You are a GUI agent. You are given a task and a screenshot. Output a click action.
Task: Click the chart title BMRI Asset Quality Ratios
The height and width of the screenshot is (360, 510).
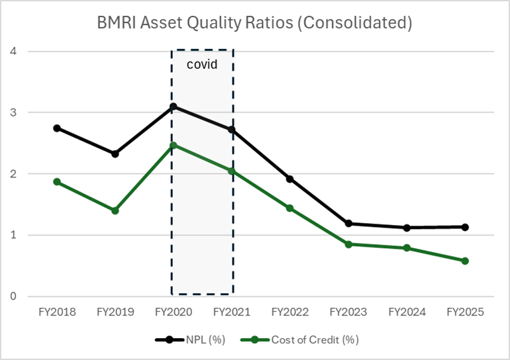[x=255, y=22]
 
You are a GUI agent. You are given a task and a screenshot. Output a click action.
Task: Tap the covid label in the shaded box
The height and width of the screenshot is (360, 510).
[x=201, y=65]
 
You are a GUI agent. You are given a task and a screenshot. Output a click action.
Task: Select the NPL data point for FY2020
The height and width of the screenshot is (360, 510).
[x=173, y=107]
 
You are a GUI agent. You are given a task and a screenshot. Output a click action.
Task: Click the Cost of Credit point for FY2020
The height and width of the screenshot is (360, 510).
[x=173, y=145]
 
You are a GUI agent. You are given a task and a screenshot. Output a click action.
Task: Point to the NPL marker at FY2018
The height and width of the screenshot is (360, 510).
[x=57, y=128]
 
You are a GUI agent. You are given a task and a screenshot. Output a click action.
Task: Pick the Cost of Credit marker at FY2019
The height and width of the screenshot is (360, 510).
[x=115, y=210]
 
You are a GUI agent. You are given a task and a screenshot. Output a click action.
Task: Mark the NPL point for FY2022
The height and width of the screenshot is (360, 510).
[x=289, y=179]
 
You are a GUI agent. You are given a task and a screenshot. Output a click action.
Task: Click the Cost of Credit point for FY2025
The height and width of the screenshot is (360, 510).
[x=465, y=261]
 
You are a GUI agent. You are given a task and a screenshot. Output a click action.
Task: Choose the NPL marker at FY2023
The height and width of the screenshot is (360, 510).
[x=348, y=224]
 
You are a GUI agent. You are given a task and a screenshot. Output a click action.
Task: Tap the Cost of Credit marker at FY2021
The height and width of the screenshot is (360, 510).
[x=231, y=171]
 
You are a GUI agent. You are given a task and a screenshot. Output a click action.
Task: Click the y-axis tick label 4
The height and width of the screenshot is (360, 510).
[x=13, y=52]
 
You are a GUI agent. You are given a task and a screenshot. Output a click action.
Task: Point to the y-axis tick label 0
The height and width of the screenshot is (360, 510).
[x=13, y=296]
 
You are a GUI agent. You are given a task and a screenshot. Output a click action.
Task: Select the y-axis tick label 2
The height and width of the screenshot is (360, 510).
[x=13, y=174]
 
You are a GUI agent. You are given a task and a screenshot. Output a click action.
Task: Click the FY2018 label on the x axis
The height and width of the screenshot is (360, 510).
[x=57, y=312]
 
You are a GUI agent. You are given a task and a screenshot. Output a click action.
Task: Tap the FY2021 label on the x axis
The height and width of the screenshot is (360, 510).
[x=231, y=312]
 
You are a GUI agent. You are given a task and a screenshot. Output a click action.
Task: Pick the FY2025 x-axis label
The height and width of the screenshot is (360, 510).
[x=465, y=312]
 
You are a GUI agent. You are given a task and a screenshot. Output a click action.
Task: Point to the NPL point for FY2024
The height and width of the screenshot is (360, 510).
[x=407, y=228]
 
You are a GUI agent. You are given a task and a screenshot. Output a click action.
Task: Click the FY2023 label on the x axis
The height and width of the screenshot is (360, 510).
[x=348, y=312]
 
